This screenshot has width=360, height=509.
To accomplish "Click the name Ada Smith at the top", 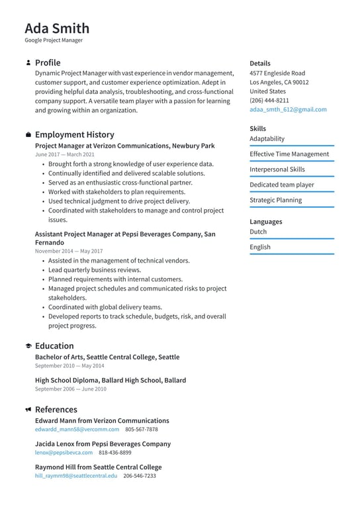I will pyautogui.click(x=57, y=28).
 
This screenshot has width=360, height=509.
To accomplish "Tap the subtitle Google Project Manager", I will pyautogui.click(x=54, y=40).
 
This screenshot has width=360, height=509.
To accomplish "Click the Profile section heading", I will pyautogui.click(x=48, y=63).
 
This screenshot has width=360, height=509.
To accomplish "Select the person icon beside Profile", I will pyautogui.click(x=28, y=63).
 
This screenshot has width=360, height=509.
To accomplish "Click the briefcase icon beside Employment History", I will pyautogui.click(x=28, y=134).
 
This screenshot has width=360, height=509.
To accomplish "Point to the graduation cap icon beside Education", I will pyautogui.click(x=28, y=346).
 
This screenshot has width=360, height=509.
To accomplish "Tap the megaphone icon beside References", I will pyautogui.click(x=28, y=410).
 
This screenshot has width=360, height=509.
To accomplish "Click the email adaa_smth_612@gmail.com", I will pyautogui.click(x=288, y=110).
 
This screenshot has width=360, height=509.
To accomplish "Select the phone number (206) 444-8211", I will pyautogui.click(x=269, y=101).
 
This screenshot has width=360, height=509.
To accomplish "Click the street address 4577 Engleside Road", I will pyautogui.click(x=277, y=73).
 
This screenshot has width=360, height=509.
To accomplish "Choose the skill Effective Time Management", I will pyautogui.click(x=289, y=154).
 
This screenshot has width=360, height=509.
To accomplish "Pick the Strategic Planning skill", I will pyautogui.click(x=275, y=200).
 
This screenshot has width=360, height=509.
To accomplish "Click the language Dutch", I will pyautogui.click(x=258, y=232).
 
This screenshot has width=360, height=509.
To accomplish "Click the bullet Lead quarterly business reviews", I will pyautogui.click(x=95, y=270).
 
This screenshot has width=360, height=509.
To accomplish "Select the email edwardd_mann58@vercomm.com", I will pyautogui.click(x=77, y=429).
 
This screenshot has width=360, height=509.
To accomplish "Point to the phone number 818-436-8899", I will pyautogui.click(x=115, y=453).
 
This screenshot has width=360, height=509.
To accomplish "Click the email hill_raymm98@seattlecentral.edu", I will pyautogui.click(x=76, y=475).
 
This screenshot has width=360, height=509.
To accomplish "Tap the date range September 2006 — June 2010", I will pyautogui.click(x=70, y=389).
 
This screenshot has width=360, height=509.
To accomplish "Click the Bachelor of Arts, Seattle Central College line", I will pyautogui.click(x=107, y=357).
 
